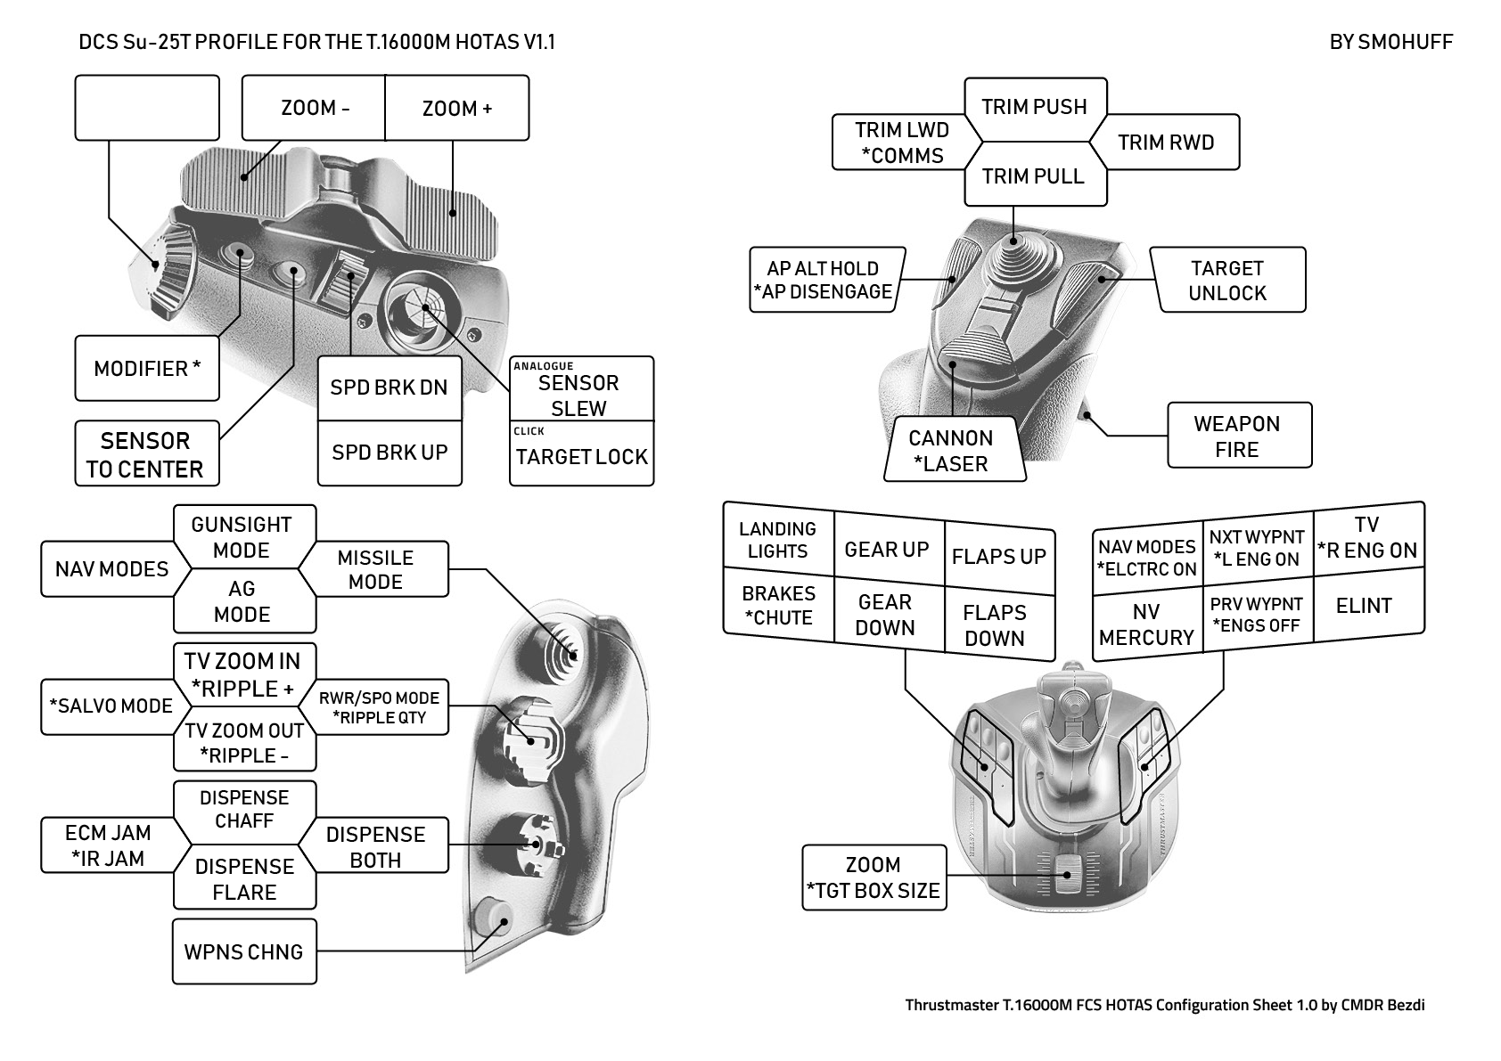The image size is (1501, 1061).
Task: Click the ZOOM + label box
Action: pos(457,109)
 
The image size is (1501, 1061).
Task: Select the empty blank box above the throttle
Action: pos(147,108)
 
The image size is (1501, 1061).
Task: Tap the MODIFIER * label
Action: pos(147,368)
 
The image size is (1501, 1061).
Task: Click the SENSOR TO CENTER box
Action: pos(146,454)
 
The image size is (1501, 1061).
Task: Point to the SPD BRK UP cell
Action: pos(390,453)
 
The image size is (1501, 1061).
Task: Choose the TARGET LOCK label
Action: pos(581,456)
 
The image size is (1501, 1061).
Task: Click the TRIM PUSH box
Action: pos(1035,107)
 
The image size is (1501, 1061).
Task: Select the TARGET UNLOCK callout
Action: pos(1227,281)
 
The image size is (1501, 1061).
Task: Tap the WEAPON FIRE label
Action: pos(1237,437)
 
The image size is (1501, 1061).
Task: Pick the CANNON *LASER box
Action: pos(951,451)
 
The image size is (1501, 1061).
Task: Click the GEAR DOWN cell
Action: pos(885,615)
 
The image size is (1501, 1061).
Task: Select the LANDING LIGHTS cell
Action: pos(777,540)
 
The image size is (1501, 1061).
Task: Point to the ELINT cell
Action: pos(1364,606)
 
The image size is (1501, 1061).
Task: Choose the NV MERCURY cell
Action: pos(1146,624)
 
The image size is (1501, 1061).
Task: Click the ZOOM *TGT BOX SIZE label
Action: pos(874,877)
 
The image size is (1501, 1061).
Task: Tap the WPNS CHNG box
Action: pos(244,951)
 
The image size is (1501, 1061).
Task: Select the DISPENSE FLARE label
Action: pos(244,878)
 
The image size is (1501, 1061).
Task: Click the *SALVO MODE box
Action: pos(111,706)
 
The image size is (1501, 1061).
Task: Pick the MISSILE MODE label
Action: pos(375,569)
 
